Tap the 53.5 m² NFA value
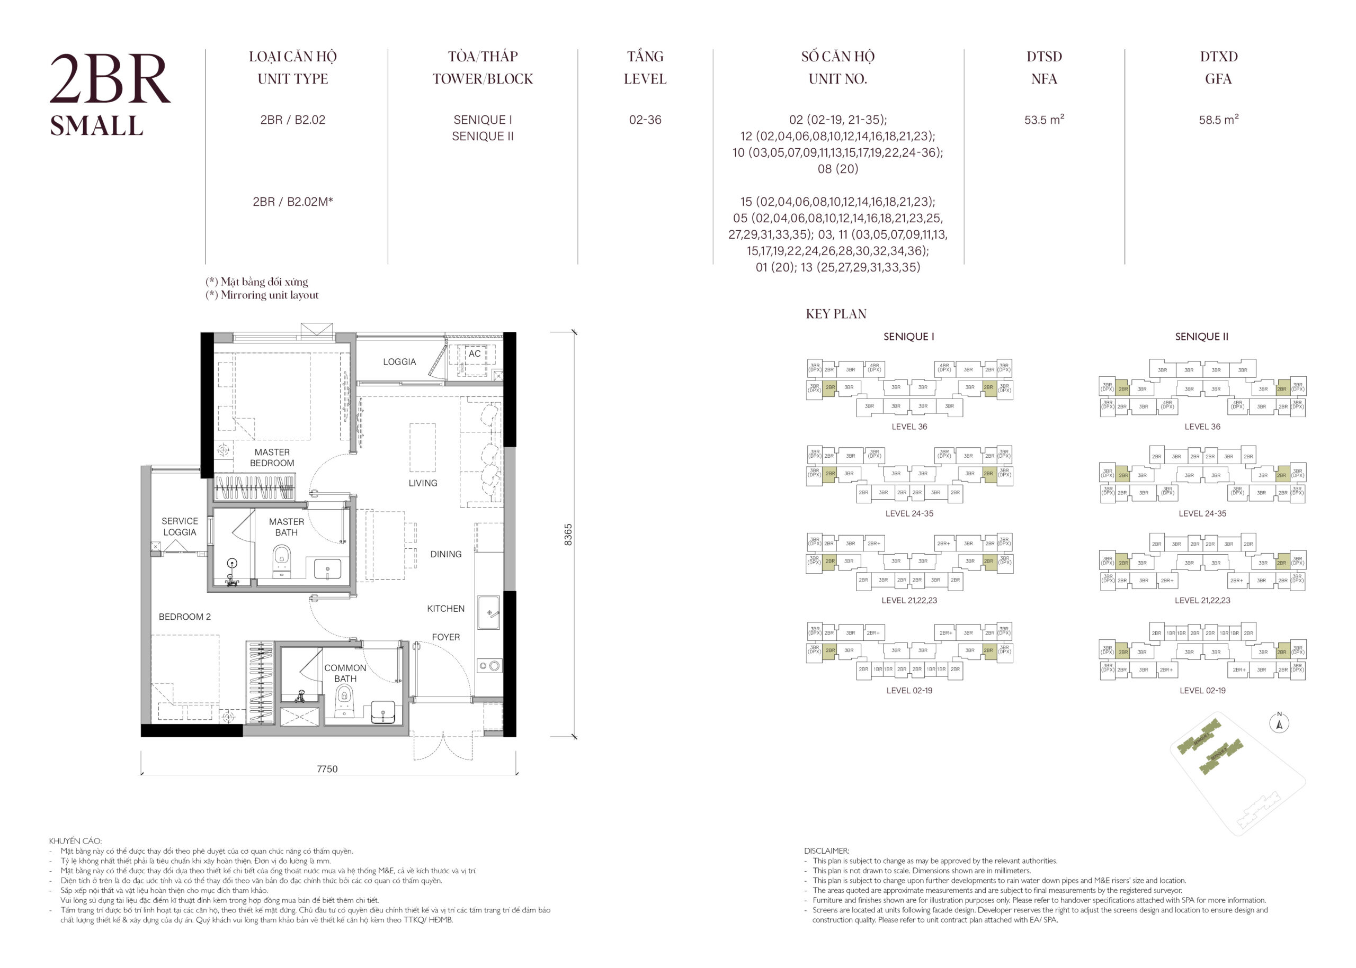1043,119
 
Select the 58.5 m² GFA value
1218,119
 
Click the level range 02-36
644,120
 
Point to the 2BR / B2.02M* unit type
292,202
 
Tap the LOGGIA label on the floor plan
399,362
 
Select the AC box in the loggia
474,354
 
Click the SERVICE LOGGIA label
180,526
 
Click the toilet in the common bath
344,697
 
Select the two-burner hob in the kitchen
489,666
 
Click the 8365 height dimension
568,534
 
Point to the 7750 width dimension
327,769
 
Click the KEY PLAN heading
836,314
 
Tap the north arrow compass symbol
1279,723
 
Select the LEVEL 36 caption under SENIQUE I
908,427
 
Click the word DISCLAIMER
826,851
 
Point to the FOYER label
445,637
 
